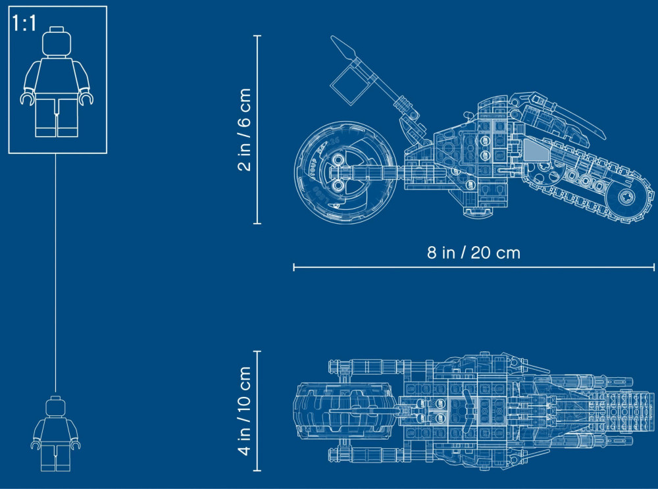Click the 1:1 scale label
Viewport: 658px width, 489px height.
pos(24,23)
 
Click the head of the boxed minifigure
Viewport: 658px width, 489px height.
pos(57,42)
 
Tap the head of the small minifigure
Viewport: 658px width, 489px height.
pos(56,406)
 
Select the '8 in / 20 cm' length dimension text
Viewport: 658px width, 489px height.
pos(473,253)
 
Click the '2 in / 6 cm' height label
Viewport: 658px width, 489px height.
pos(244,130)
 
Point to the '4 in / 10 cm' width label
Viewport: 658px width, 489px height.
pos(244,411)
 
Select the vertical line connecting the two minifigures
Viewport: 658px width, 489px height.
pos(56,273)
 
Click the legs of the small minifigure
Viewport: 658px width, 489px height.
pos(56,457)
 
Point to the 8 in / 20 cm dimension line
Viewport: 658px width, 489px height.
pos(474,267)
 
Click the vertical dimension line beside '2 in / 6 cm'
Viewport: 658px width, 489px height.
pos(258,130)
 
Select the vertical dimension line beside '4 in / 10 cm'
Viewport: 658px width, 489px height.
pos(258,411)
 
